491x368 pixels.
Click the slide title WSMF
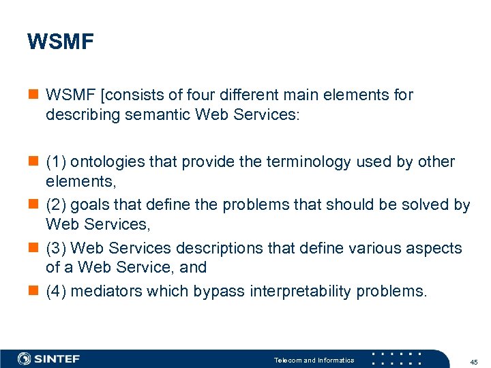click(x=61, y=42)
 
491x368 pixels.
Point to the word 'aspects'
click(x=433, y=249)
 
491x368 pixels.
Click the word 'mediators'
click(x=105, y=292)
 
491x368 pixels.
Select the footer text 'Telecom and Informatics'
click(x=314, y=360)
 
